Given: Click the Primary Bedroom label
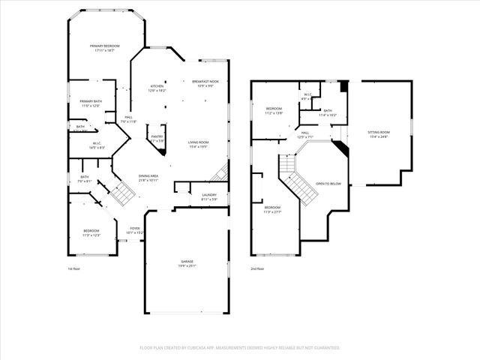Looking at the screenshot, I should [x=105, y=46].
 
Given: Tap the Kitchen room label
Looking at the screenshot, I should [x=157, y=86].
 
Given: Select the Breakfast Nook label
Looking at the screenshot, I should [x=205, y=81].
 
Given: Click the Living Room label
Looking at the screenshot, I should [x=198, y=142].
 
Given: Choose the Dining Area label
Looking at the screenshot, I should [x=148, y=175].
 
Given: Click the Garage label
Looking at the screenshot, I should [x=186, y=261].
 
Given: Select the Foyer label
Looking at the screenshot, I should [x=135, y=228].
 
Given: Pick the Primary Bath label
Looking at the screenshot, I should [x=91, y=100].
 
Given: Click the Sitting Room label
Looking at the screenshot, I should [x=379, y=132].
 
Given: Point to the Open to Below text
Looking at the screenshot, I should [x=328, y=183].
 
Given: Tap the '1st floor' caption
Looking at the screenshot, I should [x=73, y=268].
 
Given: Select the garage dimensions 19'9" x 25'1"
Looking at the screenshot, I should [x=186, y=265].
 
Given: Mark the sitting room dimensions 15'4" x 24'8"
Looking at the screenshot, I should [x=379, y=136].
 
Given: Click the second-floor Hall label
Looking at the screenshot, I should [x=306, y=132].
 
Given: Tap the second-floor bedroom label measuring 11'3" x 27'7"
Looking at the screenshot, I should [x=271, y=208].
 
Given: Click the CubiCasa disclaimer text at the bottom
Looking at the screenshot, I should [x=240, y=347].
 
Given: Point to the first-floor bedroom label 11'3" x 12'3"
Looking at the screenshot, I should [x=91, y=231].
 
